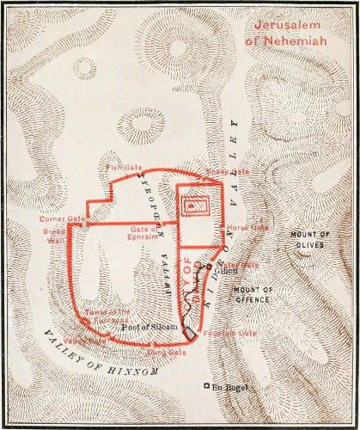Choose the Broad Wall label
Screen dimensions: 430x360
click(53, 236)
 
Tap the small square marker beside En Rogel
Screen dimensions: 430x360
click(206, 384)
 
